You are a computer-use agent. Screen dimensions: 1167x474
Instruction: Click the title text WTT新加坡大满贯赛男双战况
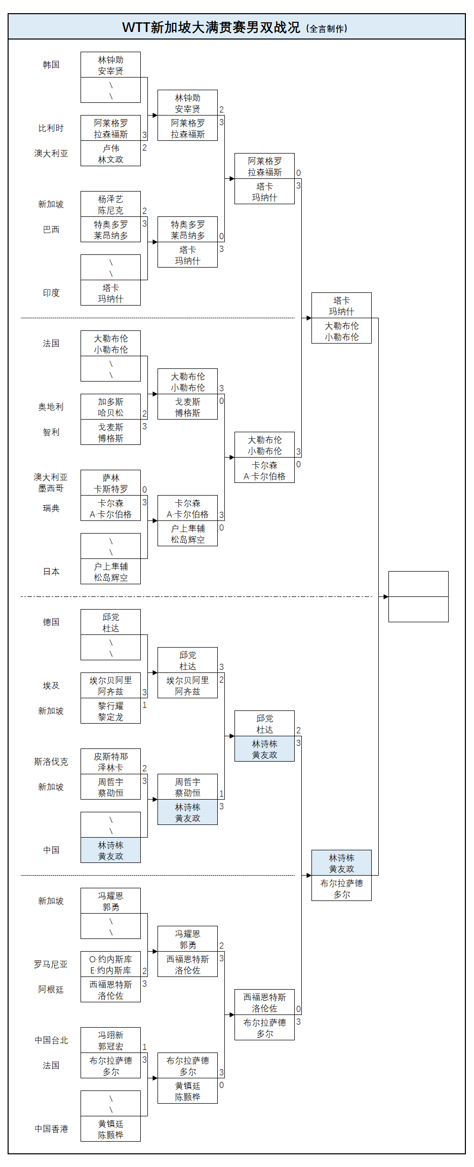click(211, 27)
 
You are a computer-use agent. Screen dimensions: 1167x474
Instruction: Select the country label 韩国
click(51, 65)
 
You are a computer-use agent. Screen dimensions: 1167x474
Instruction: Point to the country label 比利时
click(51, 128)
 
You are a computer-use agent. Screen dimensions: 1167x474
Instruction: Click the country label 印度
click(51, 293)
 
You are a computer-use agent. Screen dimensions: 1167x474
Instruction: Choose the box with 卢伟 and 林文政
click(110, 154)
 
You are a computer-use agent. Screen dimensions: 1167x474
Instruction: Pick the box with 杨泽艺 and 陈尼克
click(110, 204)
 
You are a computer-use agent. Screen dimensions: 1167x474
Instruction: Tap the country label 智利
click(51, 432)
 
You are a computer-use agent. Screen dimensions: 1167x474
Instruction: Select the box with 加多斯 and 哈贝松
click(110, 407)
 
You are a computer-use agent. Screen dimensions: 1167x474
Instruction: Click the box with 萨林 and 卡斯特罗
click(110, 483)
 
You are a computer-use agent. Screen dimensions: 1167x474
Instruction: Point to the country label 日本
click(51, 572)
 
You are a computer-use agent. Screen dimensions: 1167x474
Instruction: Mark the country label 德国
click(51, 622)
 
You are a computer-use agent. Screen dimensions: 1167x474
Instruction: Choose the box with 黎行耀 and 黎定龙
click(110, 711)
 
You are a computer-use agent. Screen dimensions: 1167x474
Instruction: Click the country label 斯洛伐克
click(51, 762)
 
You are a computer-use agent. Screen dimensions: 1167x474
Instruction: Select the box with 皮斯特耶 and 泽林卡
click(110, 762)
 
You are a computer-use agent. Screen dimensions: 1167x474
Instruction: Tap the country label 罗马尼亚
click(51, 964)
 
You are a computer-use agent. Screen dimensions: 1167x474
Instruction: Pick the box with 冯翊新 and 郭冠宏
click(110, 1040)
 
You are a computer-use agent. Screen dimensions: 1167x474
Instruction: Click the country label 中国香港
click(51, 1129)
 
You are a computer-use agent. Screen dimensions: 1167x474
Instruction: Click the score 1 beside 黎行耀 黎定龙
click(144, 705)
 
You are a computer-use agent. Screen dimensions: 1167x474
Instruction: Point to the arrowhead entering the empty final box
click(386, 596)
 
